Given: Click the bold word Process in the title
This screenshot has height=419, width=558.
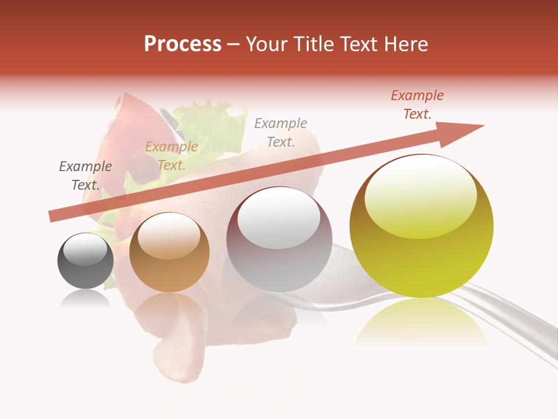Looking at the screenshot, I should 183,44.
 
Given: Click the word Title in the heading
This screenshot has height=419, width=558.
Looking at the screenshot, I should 313,44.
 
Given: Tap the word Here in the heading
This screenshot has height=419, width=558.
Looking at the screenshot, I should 405,44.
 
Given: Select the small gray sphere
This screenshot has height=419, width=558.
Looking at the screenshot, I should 85,261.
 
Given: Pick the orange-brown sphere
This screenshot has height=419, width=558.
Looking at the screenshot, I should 169,252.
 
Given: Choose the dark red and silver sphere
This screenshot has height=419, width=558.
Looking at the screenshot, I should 278,239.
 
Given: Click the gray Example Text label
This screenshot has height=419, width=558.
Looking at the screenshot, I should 85,176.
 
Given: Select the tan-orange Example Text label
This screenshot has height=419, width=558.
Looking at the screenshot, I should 171,156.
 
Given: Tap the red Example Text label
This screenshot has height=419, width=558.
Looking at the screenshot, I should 417,105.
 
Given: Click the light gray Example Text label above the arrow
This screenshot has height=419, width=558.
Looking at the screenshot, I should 281,132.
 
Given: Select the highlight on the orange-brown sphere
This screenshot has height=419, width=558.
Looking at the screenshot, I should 169,235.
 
